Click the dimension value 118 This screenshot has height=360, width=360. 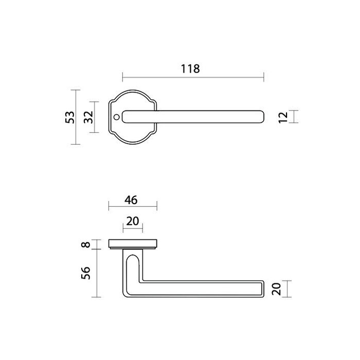click(190, 68)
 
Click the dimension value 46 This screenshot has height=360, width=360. click(132, 200)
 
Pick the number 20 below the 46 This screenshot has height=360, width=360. click(132, 221)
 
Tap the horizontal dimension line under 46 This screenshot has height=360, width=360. click(132, 208)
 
